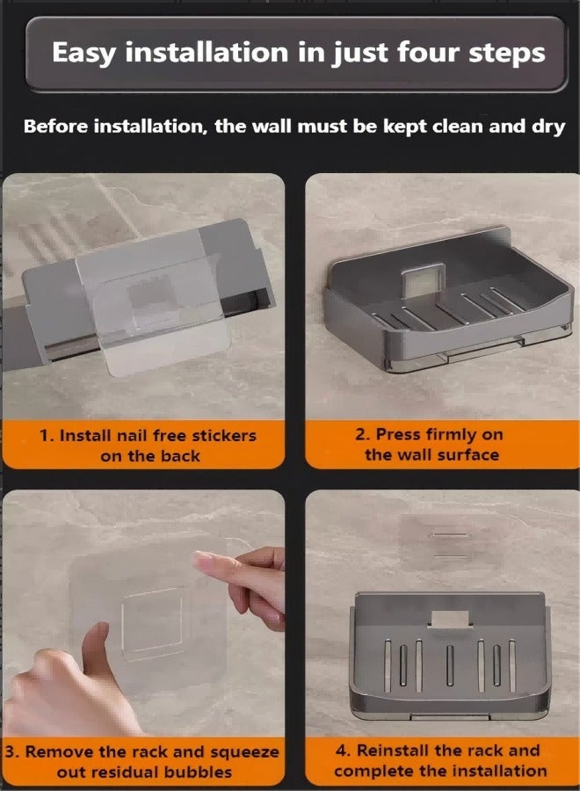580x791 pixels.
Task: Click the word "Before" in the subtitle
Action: pos(55,126)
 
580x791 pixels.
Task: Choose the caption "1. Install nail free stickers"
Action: pos(148,435)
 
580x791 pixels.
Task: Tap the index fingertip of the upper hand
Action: pos(204,557)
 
